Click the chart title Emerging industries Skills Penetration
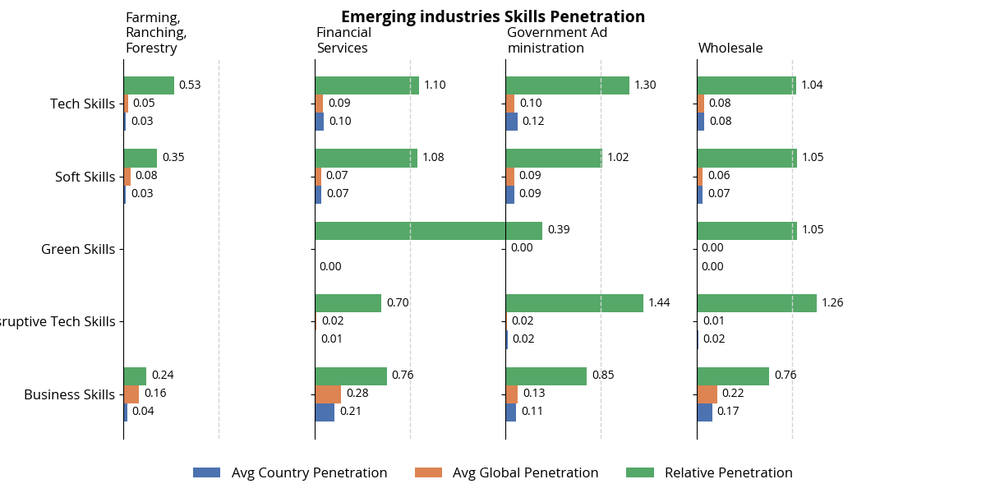pos(493,16)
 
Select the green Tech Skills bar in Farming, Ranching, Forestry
pos(149,85)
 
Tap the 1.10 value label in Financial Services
pos(435,85)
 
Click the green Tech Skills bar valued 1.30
pos(567,85)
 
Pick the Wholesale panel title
pos(730,48)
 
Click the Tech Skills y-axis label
pos(82,104)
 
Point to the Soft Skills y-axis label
pos(85,177)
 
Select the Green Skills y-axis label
pos(78,249)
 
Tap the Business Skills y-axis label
pos(69,394)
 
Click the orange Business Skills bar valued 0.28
pos(328,394)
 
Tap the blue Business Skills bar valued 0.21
pos(325,412)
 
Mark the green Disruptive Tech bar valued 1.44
pos(574,303)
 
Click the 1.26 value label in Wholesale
pos(833,302)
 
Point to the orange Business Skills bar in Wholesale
pos(707,394)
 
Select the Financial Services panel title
pos(343,40)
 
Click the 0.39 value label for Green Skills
pos(559,230)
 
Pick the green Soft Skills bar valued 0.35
pos(141,158)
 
